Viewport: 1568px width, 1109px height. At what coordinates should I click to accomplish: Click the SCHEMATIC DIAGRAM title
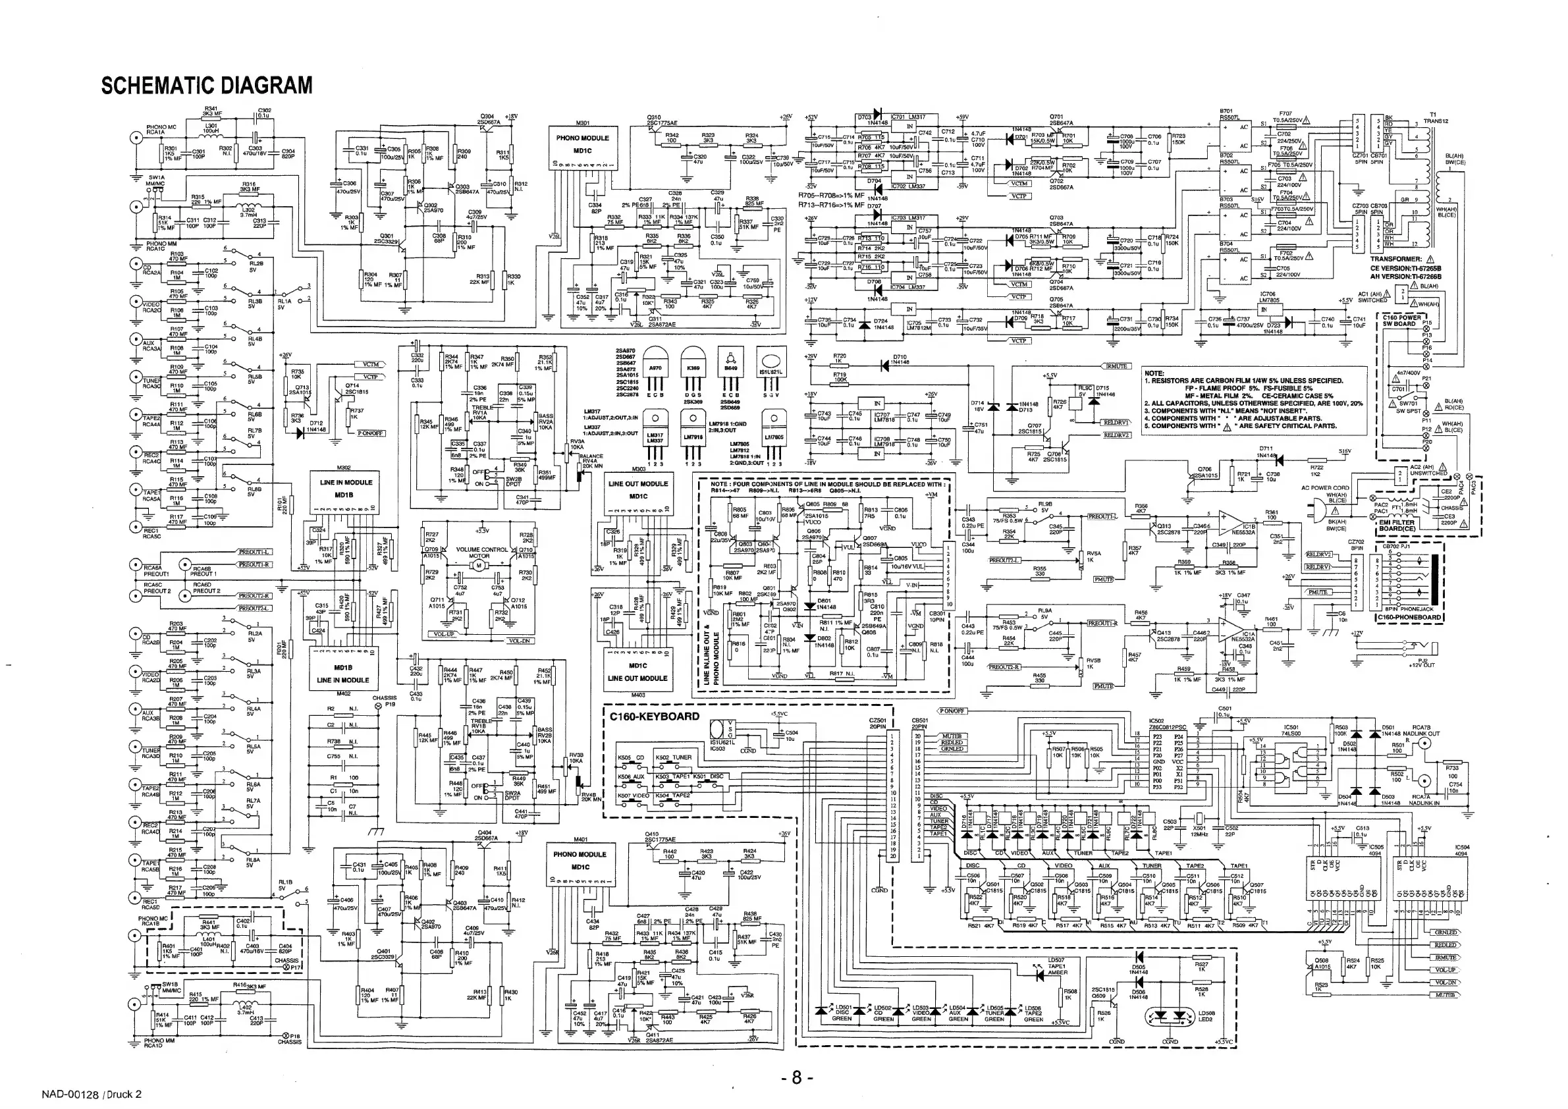[206, 86]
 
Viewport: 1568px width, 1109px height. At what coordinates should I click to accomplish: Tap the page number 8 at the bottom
[796, 1078]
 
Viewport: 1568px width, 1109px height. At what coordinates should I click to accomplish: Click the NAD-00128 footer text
[92, 1095]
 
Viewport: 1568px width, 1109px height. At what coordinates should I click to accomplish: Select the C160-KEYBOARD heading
[653, 717]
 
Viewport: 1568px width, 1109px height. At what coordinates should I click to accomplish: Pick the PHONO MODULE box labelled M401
[579, 861]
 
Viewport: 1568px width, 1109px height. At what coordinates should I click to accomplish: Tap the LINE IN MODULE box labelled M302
[346, 489]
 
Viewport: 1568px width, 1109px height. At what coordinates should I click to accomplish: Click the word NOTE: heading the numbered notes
[1154, 373]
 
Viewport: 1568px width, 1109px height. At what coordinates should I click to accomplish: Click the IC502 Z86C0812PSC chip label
[1168, 724]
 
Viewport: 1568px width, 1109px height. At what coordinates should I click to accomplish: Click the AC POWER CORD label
[1326, 488]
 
